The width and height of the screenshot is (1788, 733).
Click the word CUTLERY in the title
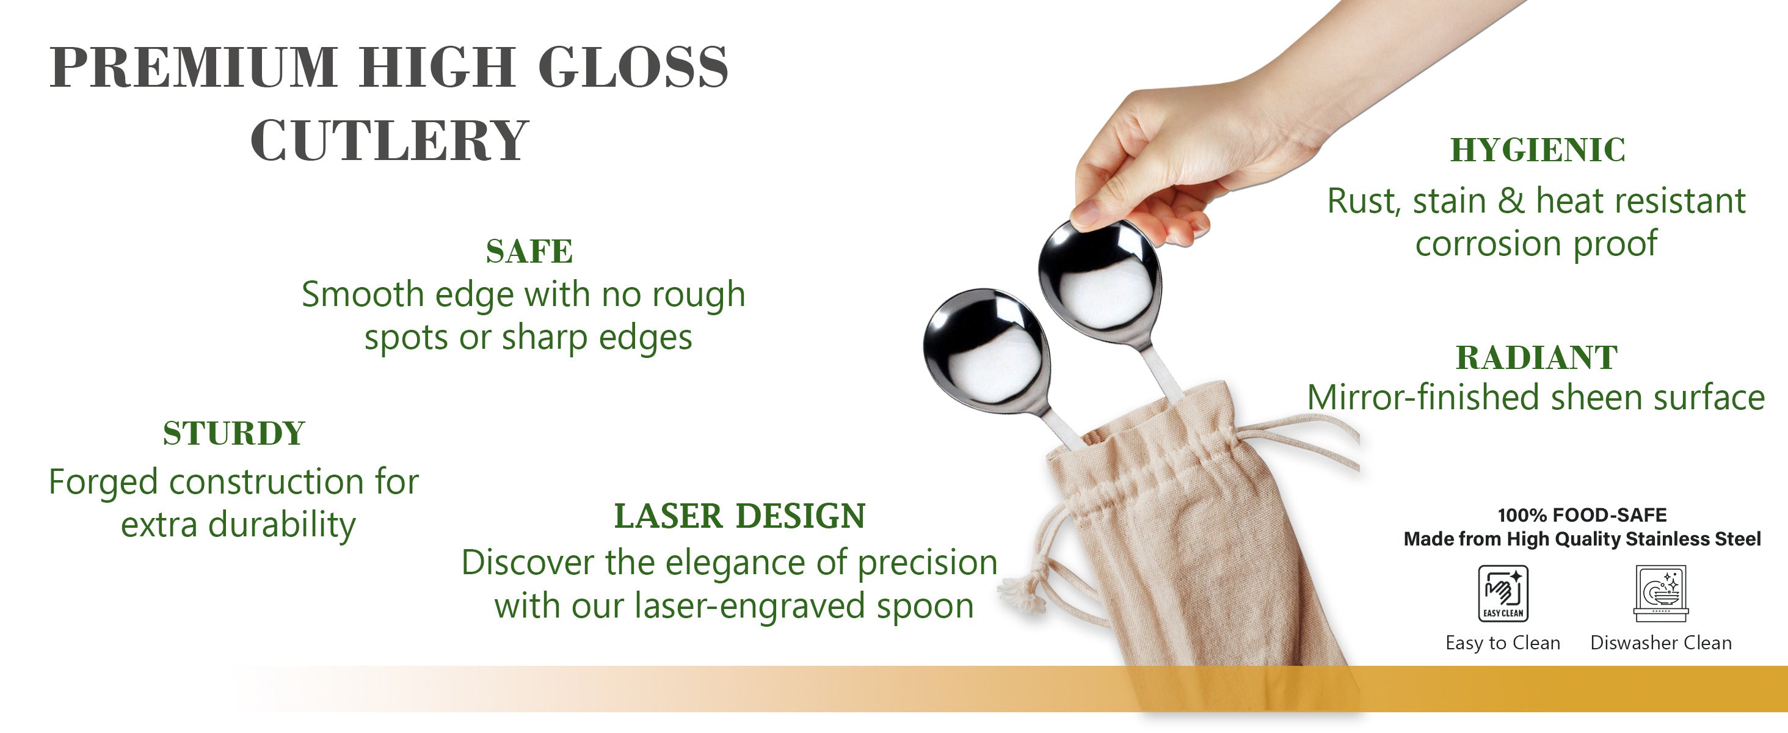[x=390, y=140]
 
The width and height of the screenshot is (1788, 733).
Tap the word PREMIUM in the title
[x=194, y=67]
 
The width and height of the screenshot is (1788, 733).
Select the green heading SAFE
[x=529, y=251]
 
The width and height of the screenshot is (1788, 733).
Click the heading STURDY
[x=234, y=434]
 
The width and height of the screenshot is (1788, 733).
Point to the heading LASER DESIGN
[x=740, y=516]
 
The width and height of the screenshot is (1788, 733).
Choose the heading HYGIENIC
[x=1538, y=150]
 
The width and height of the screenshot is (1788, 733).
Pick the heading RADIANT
[x=1537, y=358]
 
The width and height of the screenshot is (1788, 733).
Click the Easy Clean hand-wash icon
[x=1503, y=594]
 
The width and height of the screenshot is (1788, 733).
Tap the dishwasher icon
[x=1660, y=594]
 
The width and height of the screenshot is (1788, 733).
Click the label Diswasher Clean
[x=1661, y=643]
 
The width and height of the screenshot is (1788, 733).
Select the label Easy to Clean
[x=1503, y=643]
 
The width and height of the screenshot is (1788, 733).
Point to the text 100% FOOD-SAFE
[x=1582, y=515]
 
